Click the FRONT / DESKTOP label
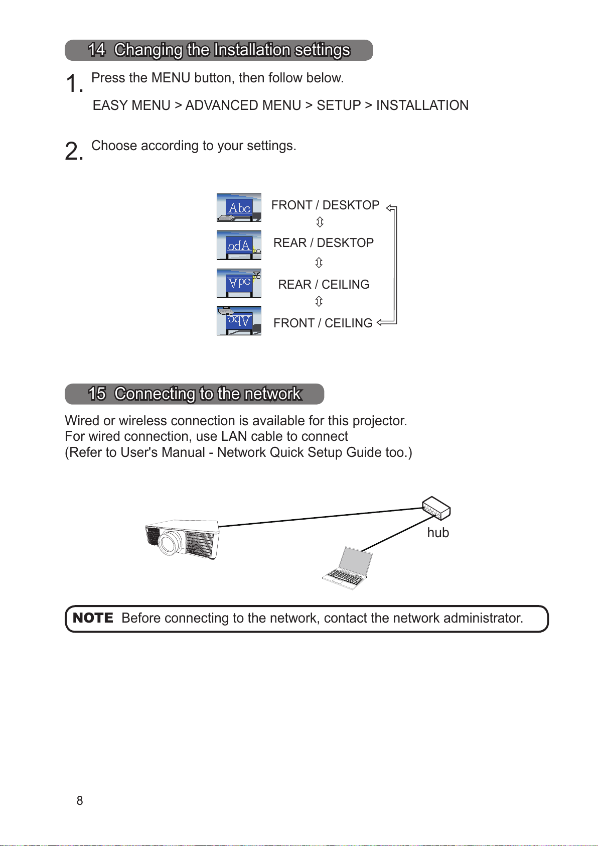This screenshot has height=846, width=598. [x=325, y=205]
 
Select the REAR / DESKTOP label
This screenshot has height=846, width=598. [x=324, y=243]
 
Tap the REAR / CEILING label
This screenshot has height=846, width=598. [x=324, y=285]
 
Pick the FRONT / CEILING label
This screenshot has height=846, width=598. [x=323, y=323]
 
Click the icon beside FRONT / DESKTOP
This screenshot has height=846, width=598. [x=239, y=207]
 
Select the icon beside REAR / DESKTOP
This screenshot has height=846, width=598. [x=239, y=246]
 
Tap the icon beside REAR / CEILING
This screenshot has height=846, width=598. [x=239, y=283]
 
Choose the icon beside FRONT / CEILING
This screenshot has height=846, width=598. [x=239, y=321]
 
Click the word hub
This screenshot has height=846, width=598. [x=438, y=533]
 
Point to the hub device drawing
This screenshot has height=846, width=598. [x=436, y=508]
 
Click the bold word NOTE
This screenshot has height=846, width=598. [x=93, y=618]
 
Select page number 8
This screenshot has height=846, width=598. [x=80, y=801]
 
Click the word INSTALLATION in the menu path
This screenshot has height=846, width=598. [x=422, y=105]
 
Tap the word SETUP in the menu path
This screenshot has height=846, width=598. [x=339, y=105]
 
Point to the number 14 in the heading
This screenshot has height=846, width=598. [x=96, y=50]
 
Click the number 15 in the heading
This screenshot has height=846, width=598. [x=97, y=394]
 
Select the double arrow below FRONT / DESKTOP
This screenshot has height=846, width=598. [x=320, y=222]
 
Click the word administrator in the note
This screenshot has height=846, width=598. [x=483, y=618]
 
